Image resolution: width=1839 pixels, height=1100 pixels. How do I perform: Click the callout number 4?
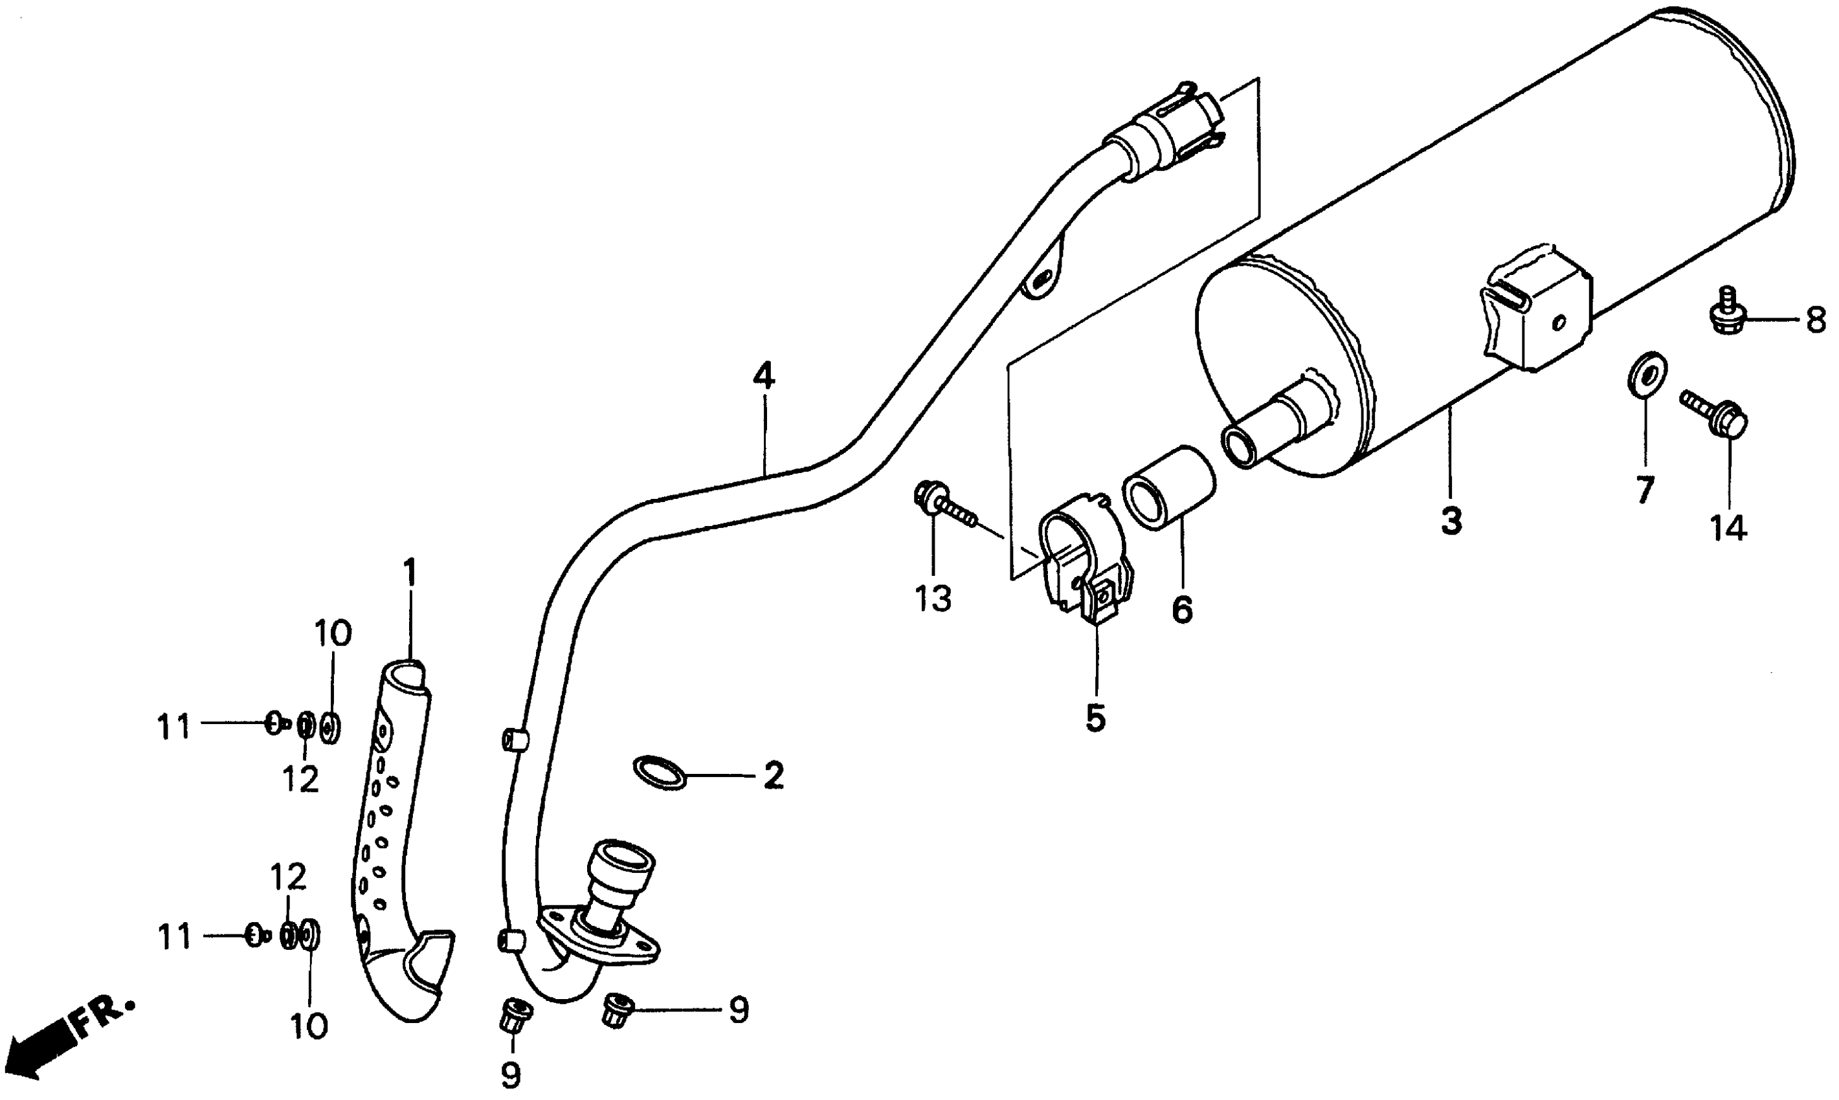[763, 377]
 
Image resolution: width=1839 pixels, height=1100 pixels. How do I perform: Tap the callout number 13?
[932, 598]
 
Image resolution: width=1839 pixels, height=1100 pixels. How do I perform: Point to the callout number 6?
[1182, 610]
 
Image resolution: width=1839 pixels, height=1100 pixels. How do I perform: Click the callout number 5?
[1095, 718]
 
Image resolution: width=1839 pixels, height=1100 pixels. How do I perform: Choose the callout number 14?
[1728, 528]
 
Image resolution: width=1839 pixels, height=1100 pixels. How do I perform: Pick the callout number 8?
[1814, 321]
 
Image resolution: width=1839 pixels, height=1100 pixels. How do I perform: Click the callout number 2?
[773, 776]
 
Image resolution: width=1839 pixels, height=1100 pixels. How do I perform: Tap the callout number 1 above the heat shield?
[409, 572]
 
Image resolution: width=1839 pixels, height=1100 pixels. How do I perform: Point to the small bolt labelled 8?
[1726, 314]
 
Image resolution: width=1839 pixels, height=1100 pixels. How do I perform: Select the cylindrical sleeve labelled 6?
[1168, 488]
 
